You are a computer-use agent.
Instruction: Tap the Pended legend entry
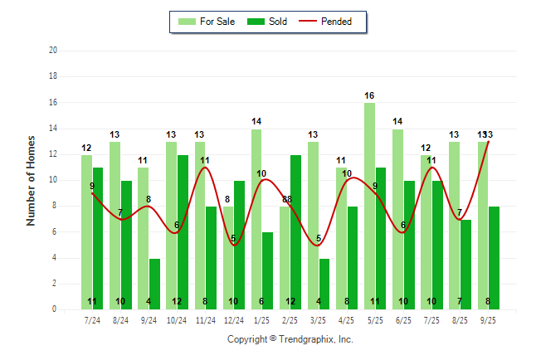(332, 22)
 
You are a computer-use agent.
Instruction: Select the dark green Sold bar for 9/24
(154, 284)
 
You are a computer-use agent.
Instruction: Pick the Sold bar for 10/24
(183, 232)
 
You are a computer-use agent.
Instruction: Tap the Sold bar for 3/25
(324, 284)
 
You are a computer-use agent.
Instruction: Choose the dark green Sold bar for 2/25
(295, 232)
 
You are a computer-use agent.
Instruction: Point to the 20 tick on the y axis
(52, 51)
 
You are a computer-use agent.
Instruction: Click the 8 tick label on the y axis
(54, 206)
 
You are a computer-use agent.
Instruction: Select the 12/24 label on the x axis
(233, 319)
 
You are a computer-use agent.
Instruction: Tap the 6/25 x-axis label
(403, 319)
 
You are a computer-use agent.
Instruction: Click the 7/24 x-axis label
(92, 319)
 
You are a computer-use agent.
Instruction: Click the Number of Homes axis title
(32, 180)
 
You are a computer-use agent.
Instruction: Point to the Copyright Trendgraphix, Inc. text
(290, 339)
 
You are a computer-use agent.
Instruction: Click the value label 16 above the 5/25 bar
(369, 96)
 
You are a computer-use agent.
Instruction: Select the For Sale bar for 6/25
(397, 219)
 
